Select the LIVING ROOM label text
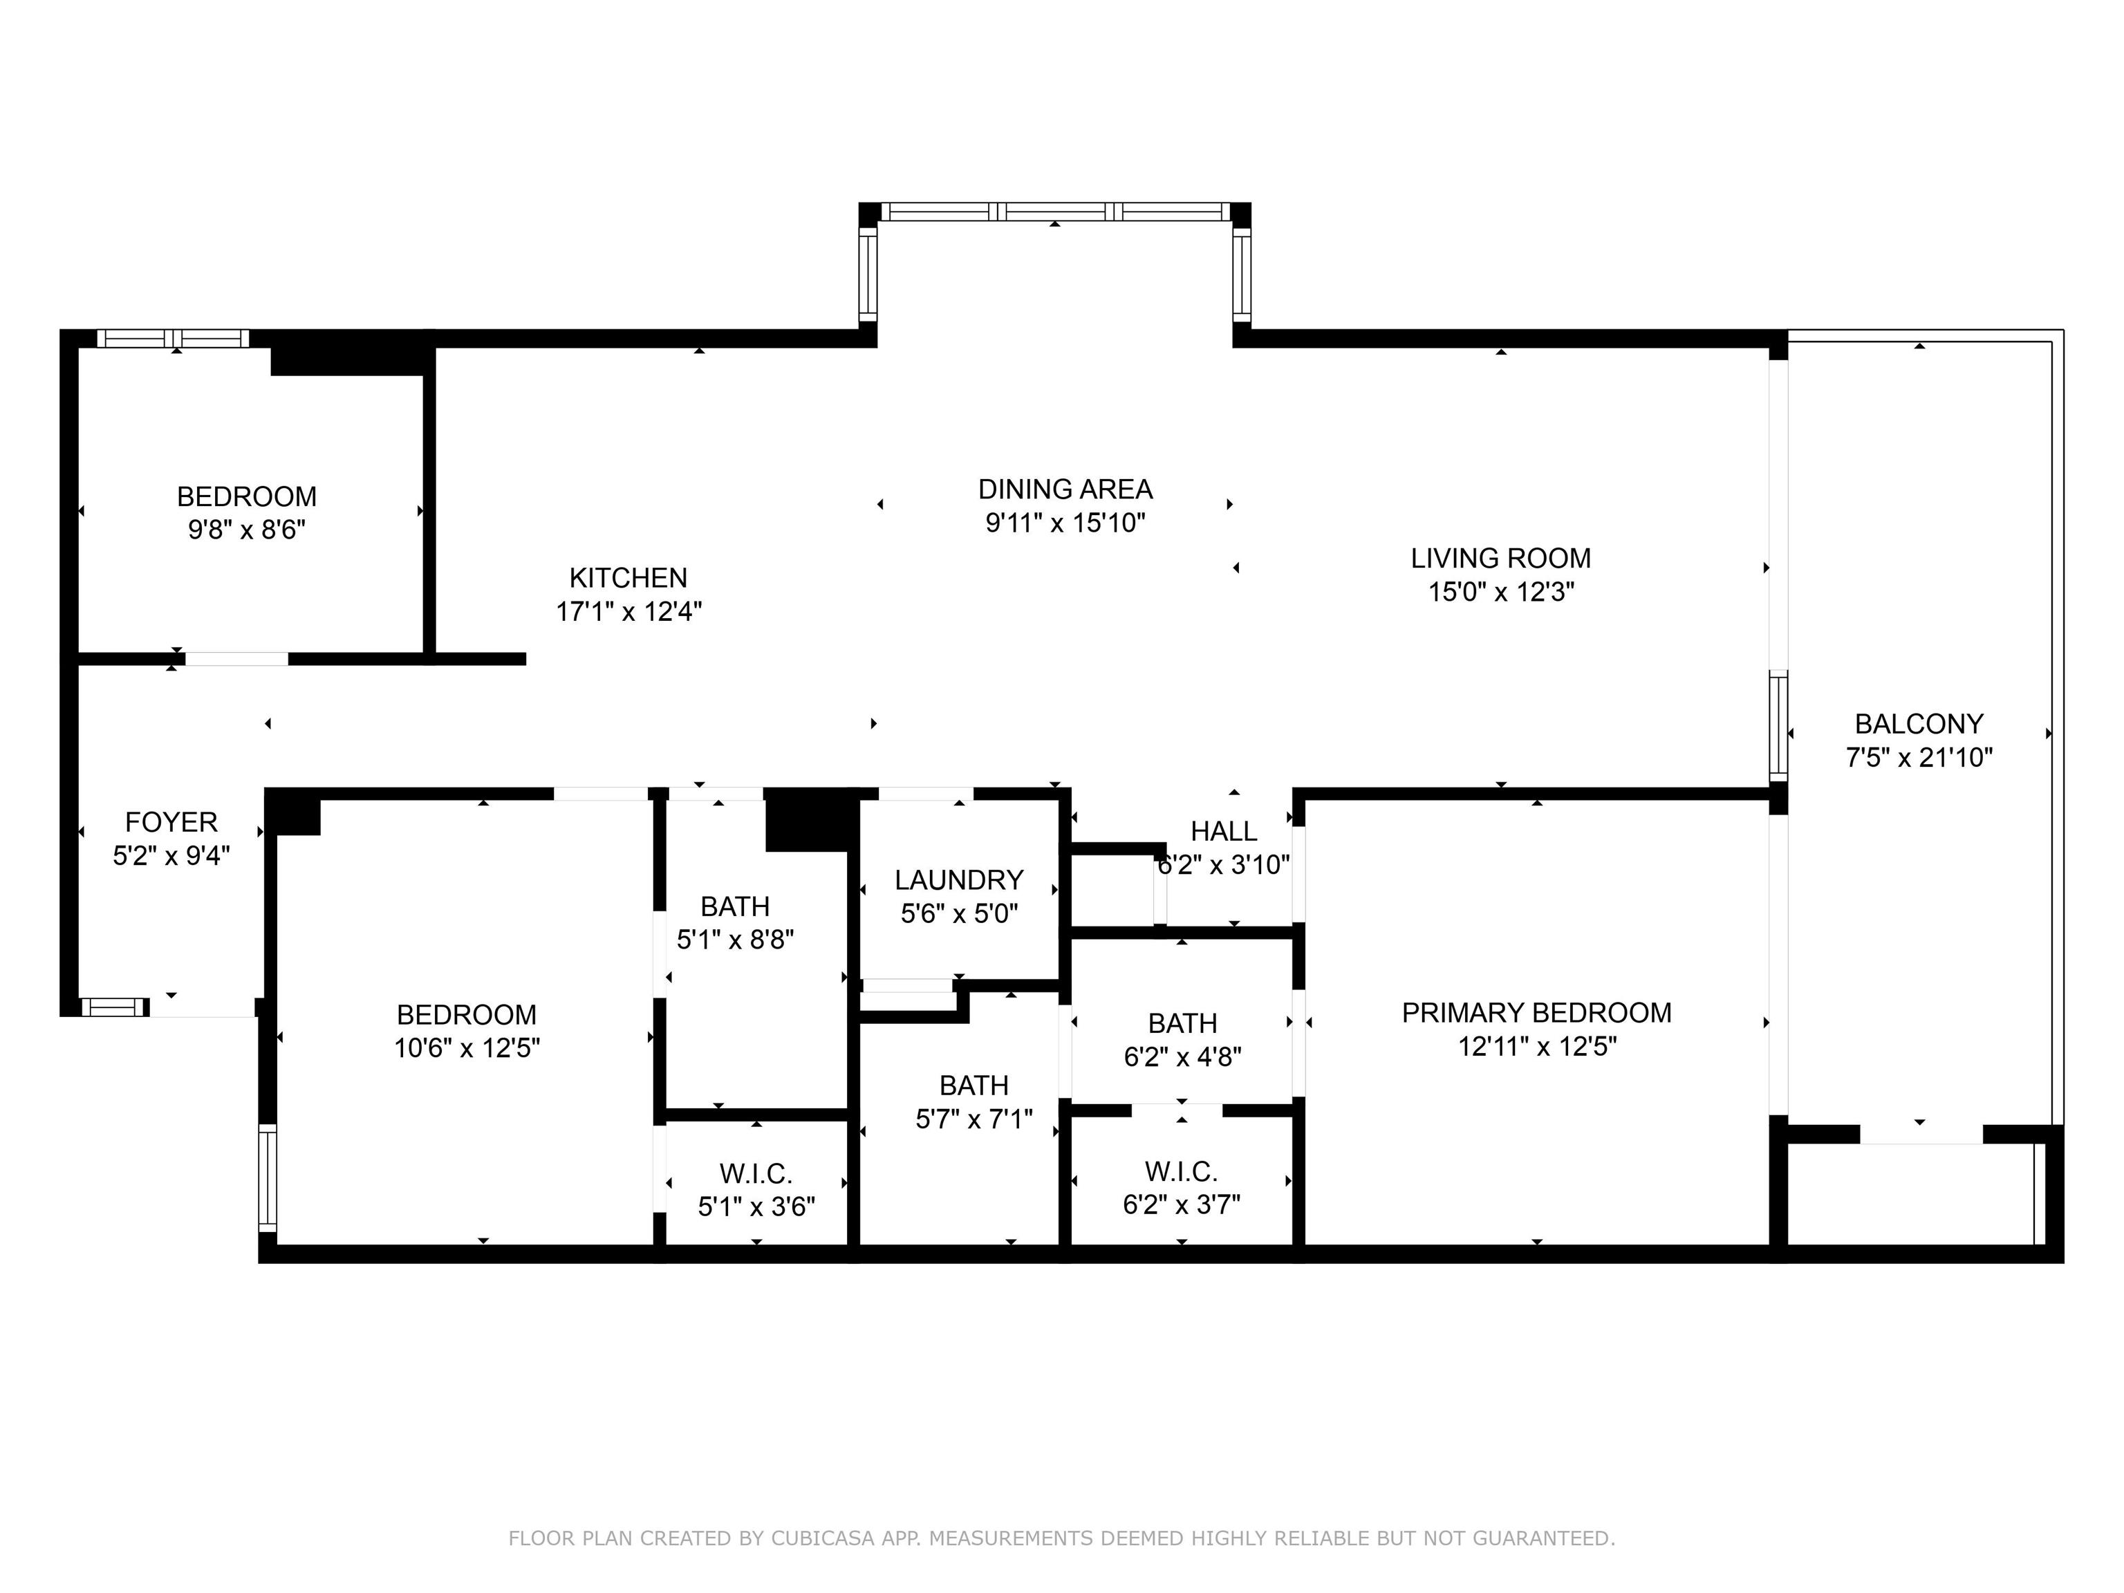tap(1501, 558)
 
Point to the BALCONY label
tap(1919, 724)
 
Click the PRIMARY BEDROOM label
tap(1536, 1013)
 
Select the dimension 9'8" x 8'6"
tap(247, 530)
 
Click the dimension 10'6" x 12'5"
tap(467, 1047)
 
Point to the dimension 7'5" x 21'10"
tap(1919, 758)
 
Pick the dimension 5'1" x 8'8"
tap(736, 940)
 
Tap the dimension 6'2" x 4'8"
tap(1182, 1057)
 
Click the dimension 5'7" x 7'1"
tap(973, 1119)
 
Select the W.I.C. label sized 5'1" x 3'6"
tap(756, 1173)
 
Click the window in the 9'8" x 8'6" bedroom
tap(173, 338)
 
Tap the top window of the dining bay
tap(1055, 212)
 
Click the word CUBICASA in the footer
tap(823, 1538)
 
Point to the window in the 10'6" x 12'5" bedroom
tap(268, 1177)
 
